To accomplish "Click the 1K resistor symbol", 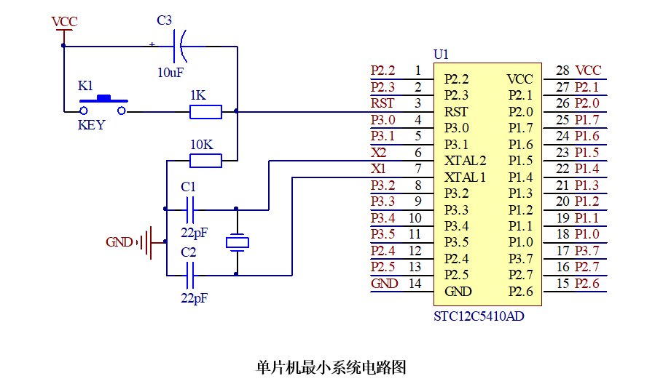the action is (x=206, y=112).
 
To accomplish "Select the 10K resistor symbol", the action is (x=206, y=161).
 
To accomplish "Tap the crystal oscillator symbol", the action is (x=238, y=243).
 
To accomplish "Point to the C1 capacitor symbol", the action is (x=190, y=209).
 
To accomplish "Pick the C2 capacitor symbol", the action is (x=190, y=276).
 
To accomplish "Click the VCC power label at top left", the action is (x=64, y=22).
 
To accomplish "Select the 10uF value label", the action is (x=170, y=73).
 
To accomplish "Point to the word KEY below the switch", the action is (x=91, y=125).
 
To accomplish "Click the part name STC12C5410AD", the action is (x=479, y=316).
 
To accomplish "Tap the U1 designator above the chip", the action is (x=441, y=55).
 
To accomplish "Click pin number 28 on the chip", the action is (x=562, y=71).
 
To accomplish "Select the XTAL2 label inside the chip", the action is (x=465, y=161).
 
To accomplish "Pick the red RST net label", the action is (x=382, y=103).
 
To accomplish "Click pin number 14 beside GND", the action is (x=415, y=284).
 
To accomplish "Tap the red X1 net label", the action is (x=378, y=169).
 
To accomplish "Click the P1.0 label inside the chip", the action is (x=520, y=242).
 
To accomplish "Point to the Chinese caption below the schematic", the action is (x=331, y=367).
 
